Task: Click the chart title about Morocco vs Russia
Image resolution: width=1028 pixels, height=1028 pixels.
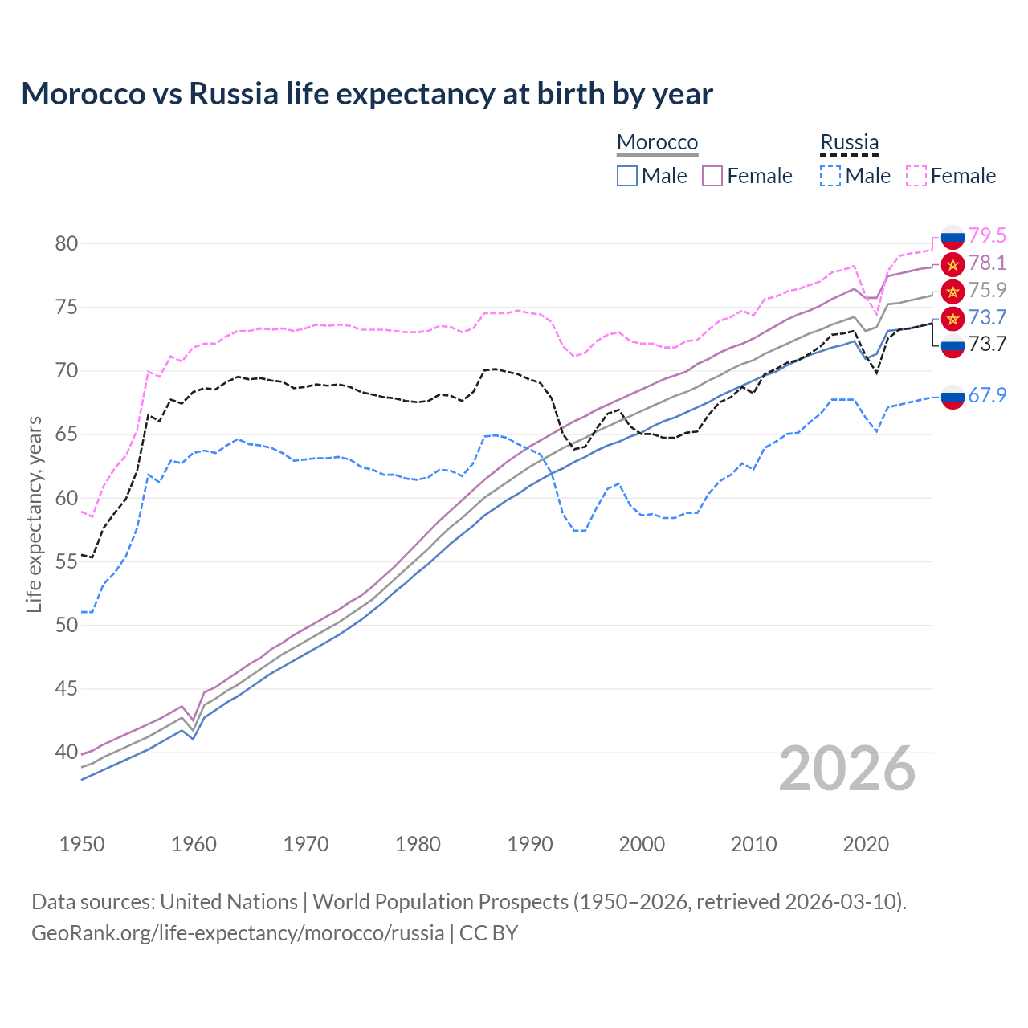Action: pos(366,94)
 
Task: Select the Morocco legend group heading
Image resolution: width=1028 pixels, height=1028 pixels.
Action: pos(657,142)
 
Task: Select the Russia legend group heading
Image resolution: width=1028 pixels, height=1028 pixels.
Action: pos(849,142)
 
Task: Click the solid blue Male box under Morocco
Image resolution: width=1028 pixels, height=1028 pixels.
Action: pos(627,176)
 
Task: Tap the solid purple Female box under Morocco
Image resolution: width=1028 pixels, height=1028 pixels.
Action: pos(712,176)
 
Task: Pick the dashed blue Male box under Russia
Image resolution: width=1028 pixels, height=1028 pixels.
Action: pos(830,176)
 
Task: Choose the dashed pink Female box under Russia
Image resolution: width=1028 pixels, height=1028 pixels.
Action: pos(916,176)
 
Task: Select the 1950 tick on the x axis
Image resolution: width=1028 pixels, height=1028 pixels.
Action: pos(82,844)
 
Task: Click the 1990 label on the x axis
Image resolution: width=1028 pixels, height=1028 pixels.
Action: pos(530,844)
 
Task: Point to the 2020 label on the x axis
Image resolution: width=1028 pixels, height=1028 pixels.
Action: pos(866,844)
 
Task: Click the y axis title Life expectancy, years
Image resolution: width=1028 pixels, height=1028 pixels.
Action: pos(34,514)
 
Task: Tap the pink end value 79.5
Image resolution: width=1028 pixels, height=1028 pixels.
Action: pos(987,235)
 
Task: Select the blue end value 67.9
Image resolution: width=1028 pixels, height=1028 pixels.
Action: pos(987,395)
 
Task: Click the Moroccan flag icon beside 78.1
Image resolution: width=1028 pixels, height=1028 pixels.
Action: pos(953,263)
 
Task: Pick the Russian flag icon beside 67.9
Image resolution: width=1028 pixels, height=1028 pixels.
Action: pos(953,396)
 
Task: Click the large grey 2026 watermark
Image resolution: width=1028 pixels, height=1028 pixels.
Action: pos(847,769)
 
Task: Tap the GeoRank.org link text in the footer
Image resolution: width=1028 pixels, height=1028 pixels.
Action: pos(238,933)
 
